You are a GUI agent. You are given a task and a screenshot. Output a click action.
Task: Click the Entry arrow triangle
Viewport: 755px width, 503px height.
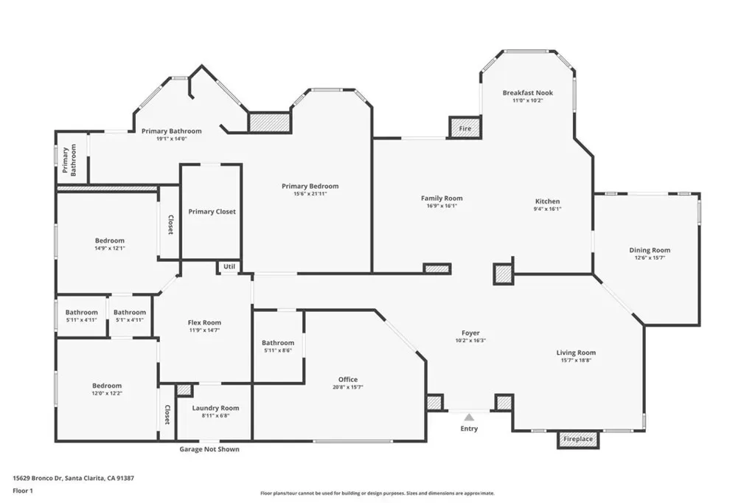(x=469, y=417)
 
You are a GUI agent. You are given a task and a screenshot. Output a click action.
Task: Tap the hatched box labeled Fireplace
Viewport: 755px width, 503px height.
(x=578, y=439)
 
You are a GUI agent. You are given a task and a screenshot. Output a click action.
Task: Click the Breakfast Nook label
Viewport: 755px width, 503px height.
(x=528, y=92)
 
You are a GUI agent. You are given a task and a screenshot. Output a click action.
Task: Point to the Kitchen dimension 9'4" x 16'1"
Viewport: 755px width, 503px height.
(x=548, y=209)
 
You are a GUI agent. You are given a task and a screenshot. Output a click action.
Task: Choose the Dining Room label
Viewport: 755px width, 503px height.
(x=650, y=250)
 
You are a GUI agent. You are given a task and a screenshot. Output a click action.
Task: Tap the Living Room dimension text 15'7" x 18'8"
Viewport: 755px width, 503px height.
(x=576, y=361)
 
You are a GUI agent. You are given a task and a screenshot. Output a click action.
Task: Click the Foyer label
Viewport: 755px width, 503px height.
(x=470, y=333)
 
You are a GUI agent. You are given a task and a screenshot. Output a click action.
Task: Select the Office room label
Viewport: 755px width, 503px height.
(x=348, y=380)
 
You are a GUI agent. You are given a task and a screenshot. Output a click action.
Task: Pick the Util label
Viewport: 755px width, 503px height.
(x=229, y=266)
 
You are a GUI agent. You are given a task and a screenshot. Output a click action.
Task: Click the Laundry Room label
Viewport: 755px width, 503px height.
(x=215, y=408)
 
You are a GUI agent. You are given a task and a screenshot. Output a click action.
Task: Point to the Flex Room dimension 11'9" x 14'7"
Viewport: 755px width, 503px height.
(x=205, y=330)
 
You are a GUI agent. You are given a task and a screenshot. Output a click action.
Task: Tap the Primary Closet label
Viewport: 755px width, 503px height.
(x=212, y=212)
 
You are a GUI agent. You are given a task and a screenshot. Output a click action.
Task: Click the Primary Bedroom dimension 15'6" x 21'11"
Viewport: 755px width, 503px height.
(x=310, y=194)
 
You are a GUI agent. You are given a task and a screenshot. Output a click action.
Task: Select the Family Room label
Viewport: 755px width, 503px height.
(x=442, y=198)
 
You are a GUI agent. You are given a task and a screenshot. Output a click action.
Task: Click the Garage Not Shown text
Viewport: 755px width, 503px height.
(x=209, y=449)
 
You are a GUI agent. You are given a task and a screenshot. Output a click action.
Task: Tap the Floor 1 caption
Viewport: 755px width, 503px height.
(x=23, y=491)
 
